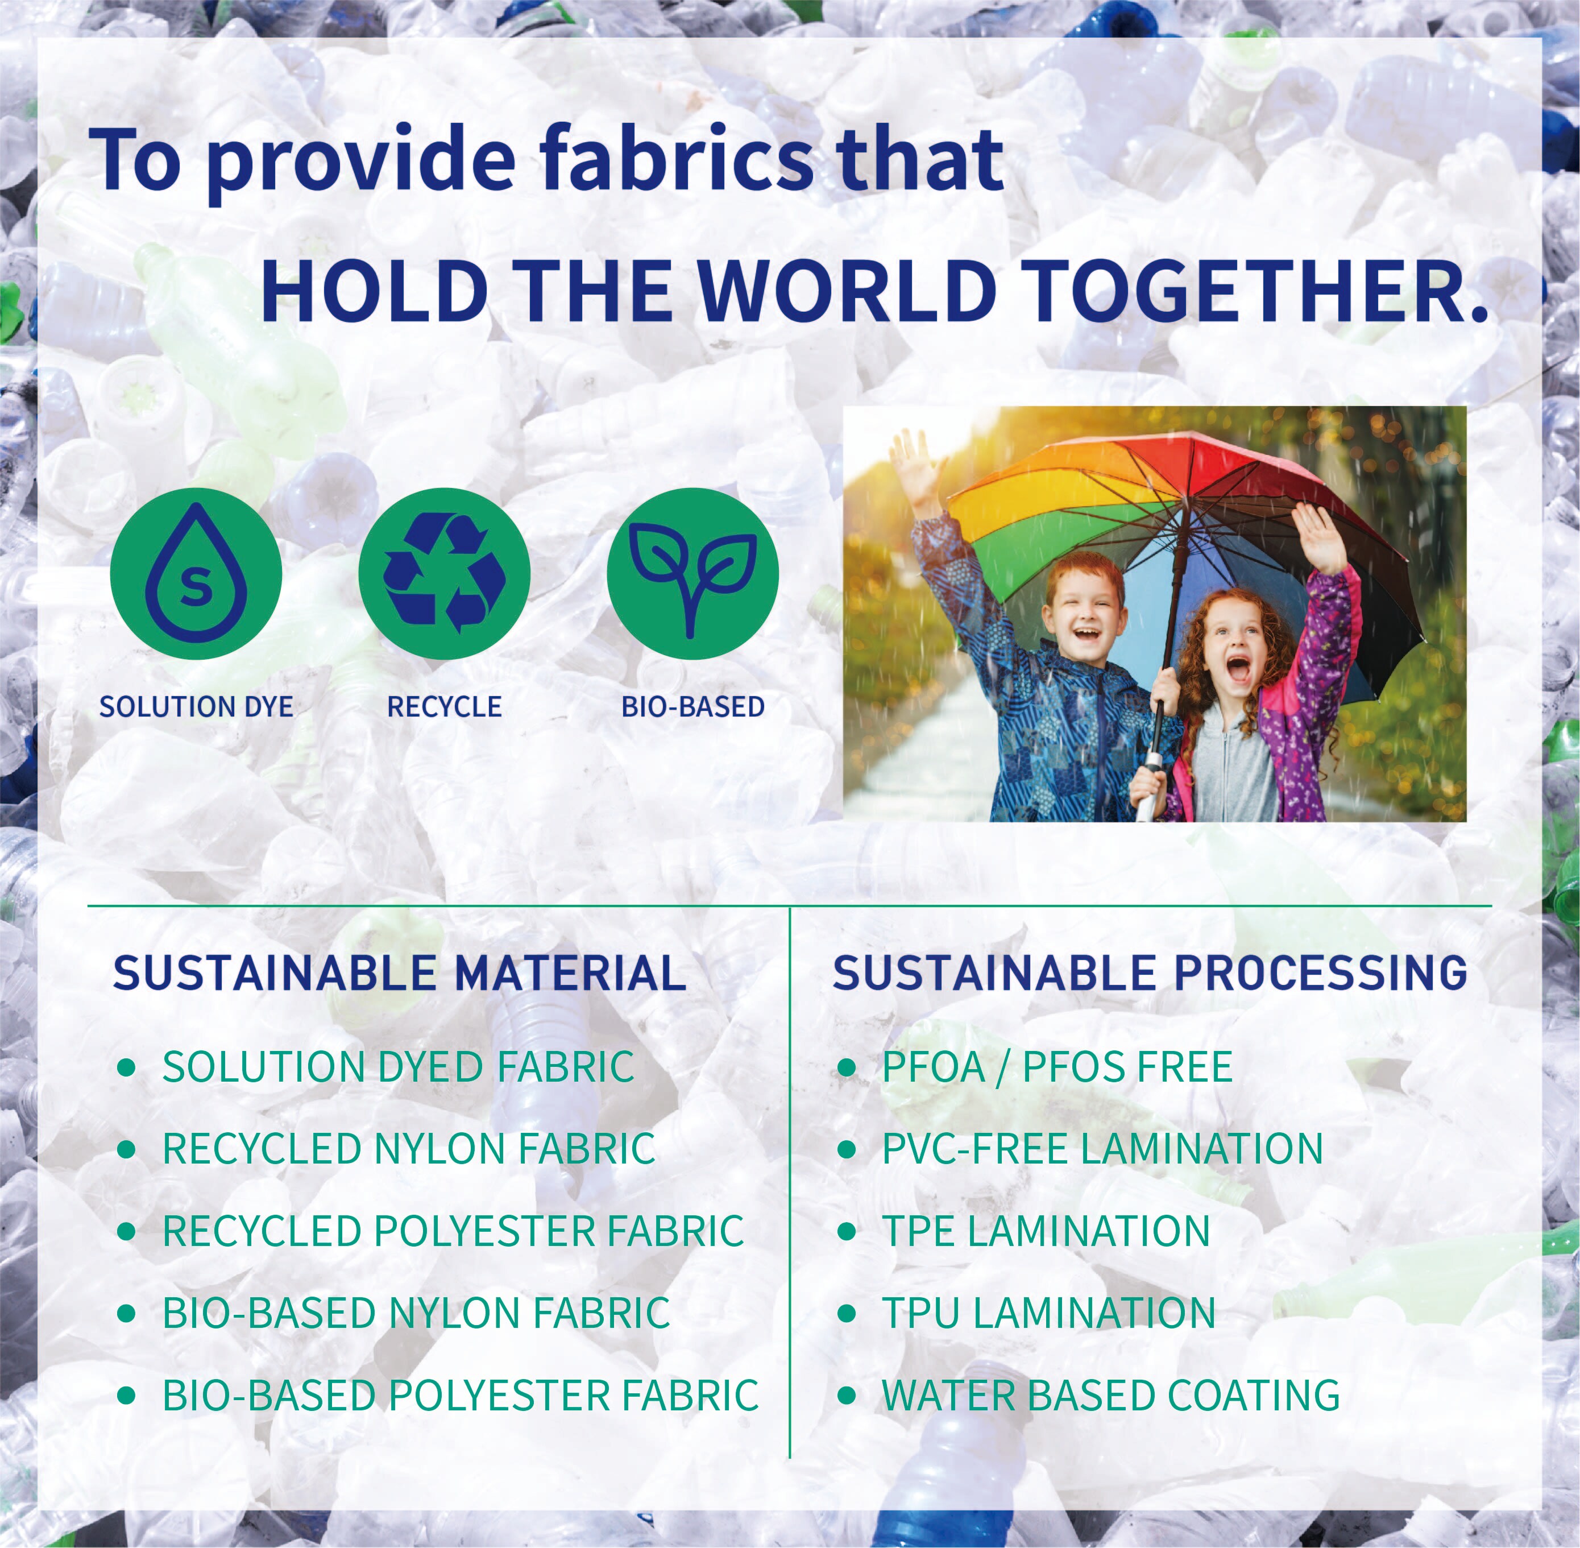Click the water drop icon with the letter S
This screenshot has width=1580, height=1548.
196,572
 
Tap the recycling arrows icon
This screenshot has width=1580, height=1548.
445,572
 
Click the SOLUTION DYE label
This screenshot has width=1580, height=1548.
196,706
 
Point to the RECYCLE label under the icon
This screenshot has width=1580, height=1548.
445,706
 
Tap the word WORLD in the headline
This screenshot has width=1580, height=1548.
846,289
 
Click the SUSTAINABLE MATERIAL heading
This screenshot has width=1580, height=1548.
399,972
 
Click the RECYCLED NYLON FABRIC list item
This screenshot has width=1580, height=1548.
409,1148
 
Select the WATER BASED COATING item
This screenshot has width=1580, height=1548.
1111,1395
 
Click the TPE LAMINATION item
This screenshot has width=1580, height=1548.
1047,1230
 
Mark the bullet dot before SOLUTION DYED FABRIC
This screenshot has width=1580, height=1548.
126,1067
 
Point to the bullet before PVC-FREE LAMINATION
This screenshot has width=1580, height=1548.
847,1149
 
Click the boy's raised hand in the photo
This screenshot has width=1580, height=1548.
914,462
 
